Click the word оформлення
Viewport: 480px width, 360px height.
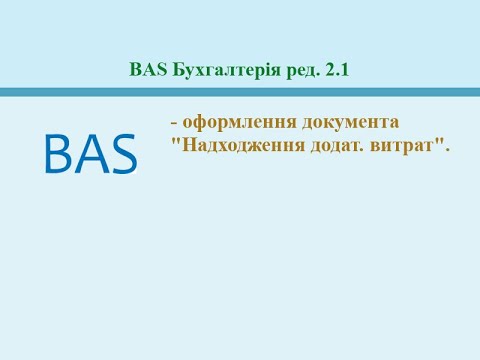(229, 121)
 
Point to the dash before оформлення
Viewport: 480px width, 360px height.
(174, 122)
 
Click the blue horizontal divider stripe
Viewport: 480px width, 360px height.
(240, 92)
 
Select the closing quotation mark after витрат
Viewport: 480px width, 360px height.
(439, 141)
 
